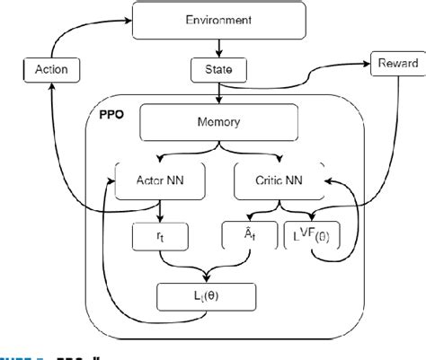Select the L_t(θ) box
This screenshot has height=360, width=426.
[x=206, y=294]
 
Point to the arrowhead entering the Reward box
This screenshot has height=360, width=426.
[x=368, y=64]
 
